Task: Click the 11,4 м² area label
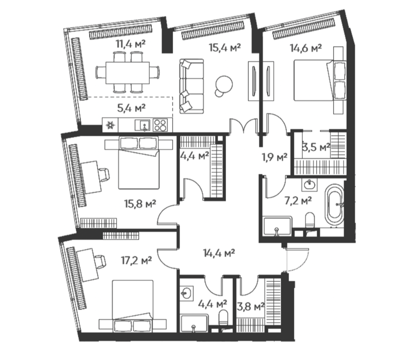pos(131,44)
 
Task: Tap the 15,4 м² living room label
pos(224,47)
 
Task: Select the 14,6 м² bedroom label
pos(306,48)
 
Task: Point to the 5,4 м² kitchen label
pos(131,108)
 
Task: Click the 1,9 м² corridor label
pos(275,157)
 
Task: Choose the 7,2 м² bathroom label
pos(298,201)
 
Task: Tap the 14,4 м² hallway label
pos(219,253)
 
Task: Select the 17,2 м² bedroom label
pos(136,260)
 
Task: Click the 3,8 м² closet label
pos(251,307)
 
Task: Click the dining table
pos(128,73)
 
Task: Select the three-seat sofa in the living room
pos(192,86)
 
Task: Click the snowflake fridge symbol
pos(111,125)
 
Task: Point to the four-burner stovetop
pos(160,125)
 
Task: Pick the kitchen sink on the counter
pos(142,125)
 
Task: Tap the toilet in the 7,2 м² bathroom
pos(310,220)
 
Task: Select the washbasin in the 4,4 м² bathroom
pos(187,294)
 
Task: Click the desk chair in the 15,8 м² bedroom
pos(104,174)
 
